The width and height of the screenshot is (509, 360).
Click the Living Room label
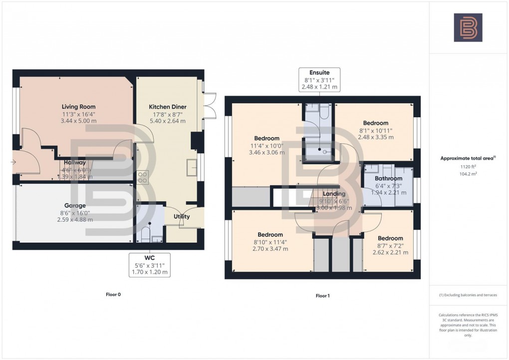78,106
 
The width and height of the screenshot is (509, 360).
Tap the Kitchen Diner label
168,106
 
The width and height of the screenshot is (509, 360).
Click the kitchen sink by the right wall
192,168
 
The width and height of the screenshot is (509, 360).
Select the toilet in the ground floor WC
146,234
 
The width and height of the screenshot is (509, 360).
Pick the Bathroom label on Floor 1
389,178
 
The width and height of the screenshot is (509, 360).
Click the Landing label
334,194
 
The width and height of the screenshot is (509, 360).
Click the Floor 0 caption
113,295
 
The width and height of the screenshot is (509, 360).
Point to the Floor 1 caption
323,296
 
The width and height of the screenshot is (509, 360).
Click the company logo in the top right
468,27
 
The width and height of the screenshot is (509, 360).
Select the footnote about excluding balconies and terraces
468,295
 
